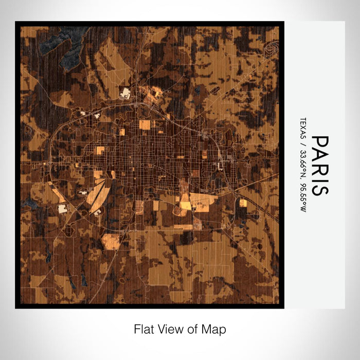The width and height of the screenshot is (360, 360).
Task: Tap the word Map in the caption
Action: coord(215,329)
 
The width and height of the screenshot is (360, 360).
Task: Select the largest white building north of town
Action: coord(125,94)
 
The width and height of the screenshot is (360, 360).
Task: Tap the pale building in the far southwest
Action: coord(63,208)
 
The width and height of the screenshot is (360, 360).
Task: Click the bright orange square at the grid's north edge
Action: coord(145,124)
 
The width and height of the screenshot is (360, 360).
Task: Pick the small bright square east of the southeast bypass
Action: coord(243,203)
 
